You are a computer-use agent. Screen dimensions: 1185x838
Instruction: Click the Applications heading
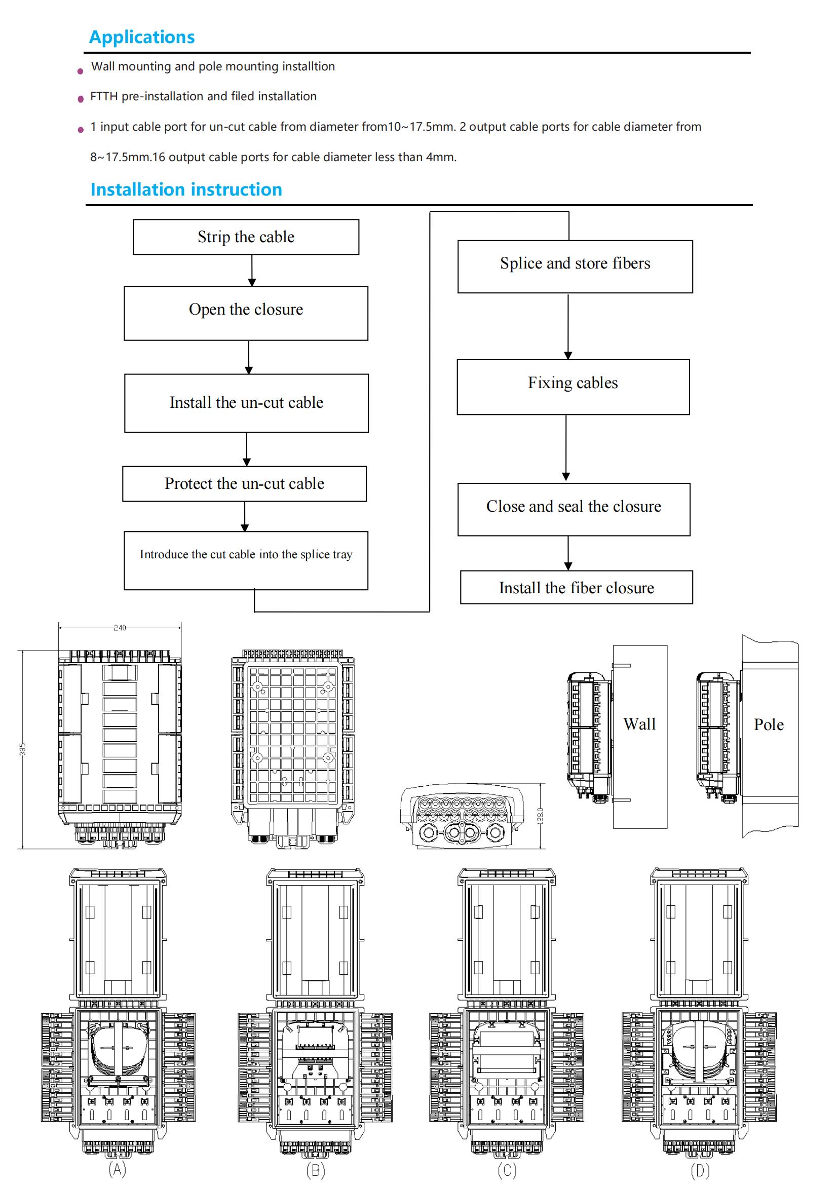[x=142, y=37]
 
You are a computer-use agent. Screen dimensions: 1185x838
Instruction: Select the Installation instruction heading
[x=186, y=189]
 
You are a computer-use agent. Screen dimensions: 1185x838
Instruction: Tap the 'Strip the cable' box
[x=246, y=237]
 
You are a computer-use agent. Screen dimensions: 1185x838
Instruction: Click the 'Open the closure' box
[x=246, y=313]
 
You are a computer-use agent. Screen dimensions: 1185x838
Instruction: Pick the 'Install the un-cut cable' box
[x=247, y=403]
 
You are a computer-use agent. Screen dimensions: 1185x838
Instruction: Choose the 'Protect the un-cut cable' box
[x=245, y=484]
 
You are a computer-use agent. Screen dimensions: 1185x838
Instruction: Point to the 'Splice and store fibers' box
[x=575, y=266]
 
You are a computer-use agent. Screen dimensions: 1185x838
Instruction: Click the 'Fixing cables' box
[x=573, y=387]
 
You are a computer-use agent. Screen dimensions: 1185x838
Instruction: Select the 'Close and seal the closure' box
[x=574, y=509]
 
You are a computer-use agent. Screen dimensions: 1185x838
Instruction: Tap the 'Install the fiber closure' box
[x=577, y=587]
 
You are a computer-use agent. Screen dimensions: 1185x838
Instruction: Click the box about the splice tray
[x=246, y=560]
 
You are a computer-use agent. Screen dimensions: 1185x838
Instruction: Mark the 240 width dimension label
[x=120, y=628]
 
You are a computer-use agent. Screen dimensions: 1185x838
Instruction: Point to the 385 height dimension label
[x=23, y=749]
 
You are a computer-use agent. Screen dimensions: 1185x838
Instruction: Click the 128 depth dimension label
[x=540, y=816]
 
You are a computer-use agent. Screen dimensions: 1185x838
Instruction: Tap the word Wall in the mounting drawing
[x=639, y=724]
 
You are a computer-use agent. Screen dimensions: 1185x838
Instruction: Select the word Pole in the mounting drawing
[x=769, y=724]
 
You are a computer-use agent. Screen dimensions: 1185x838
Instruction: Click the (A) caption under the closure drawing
[x=117, y=1169]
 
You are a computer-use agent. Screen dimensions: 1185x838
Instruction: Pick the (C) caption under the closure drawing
[x=507, y=1170]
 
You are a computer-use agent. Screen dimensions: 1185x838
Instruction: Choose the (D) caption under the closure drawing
[x=700, y=1170]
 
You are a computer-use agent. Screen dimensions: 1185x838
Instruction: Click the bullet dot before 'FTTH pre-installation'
[x=81, y=99]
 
